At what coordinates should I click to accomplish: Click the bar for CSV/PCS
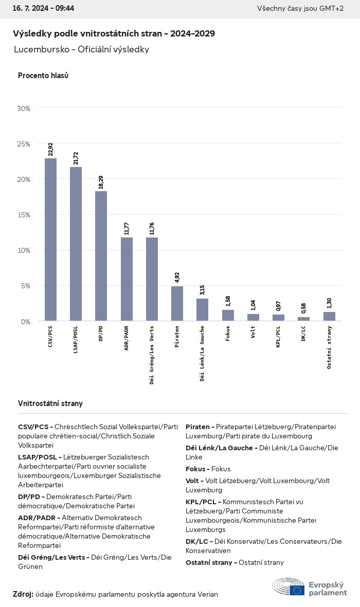(x=50, y=240)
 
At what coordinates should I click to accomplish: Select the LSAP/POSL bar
(x=76, y=244)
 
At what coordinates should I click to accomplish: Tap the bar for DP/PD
(x=101, y=256)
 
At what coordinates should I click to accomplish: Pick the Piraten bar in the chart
(x=177, y=303)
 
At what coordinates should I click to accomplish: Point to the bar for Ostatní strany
(x=329, y=316)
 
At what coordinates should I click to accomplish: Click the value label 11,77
(x=127, y=228)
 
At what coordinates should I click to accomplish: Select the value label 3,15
(x=202, y=289)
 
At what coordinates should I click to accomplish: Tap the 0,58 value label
(x=303, y=308)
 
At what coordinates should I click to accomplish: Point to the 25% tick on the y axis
(x=24, y=144)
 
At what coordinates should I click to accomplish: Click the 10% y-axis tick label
(x=24, y=250)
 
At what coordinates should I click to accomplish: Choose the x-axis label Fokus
(x=227, y=334)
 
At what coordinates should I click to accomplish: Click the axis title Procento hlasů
(x=43, y=76)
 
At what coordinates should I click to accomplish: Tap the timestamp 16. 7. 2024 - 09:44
(x=43, y=9)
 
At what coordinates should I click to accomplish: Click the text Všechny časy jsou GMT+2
(x=300, y=9)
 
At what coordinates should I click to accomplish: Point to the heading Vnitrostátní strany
(x=50, y=403)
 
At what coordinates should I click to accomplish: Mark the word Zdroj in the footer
(x=23, y=594)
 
